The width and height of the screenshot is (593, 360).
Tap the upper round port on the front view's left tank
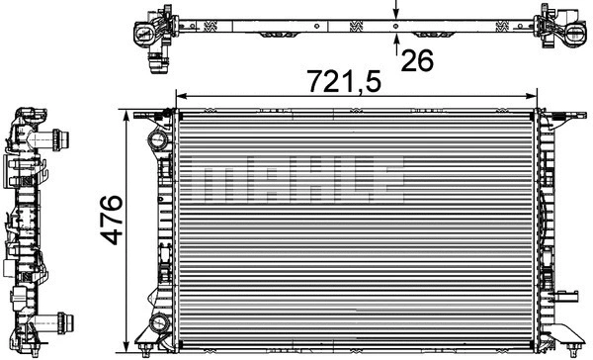pos(155,138)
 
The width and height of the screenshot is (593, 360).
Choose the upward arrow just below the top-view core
pos(395,41)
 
